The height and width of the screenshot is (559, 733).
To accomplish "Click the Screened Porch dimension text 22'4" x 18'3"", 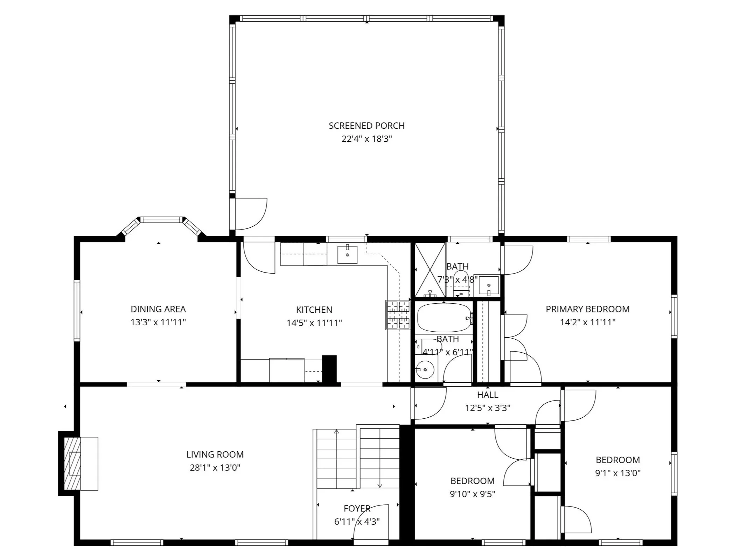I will point(366,139).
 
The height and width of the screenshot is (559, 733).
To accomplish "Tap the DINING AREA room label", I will point(158,309).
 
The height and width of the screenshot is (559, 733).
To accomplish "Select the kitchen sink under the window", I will point(347,255).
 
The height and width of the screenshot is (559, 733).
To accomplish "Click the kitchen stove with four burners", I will point(398,315).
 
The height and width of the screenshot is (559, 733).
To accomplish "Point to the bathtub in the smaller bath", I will point(444,317).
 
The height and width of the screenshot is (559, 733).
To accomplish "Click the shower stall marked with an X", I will point(430,270).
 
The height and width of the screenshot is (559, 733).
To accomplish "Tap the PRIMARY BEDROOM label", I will point(587,309).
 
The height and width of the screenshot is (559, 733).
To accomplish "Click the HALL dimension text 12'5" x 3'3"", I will point(487,408).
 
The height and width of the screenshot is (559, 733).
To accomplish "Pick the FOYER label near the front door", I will point(357,508).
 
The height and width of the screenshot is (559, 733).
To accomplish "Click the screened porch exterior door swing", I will point(251,214).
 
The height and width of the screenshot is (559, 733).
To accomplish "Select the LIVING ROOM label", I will point(215,454).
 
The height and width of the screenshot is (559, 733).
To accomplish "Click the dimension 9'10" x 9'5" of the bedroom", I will point(472,494).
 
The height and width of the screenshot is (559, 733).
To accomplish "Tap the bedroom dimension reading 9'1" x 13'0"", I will point(617,473).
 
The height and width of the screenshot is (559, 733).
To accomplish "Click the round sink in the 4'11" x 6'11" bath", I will point(425,369).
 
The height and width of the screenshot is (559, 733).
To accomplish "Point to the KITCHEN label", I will point(314,310).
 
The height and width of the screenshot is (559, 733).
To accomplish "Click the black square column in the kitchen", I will point(329,369).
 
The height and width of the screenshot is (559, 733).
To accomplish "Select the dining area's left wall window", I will point(77,310).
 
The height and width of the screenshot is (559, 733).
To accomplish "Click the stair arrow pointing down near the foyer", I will point(379,485).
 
